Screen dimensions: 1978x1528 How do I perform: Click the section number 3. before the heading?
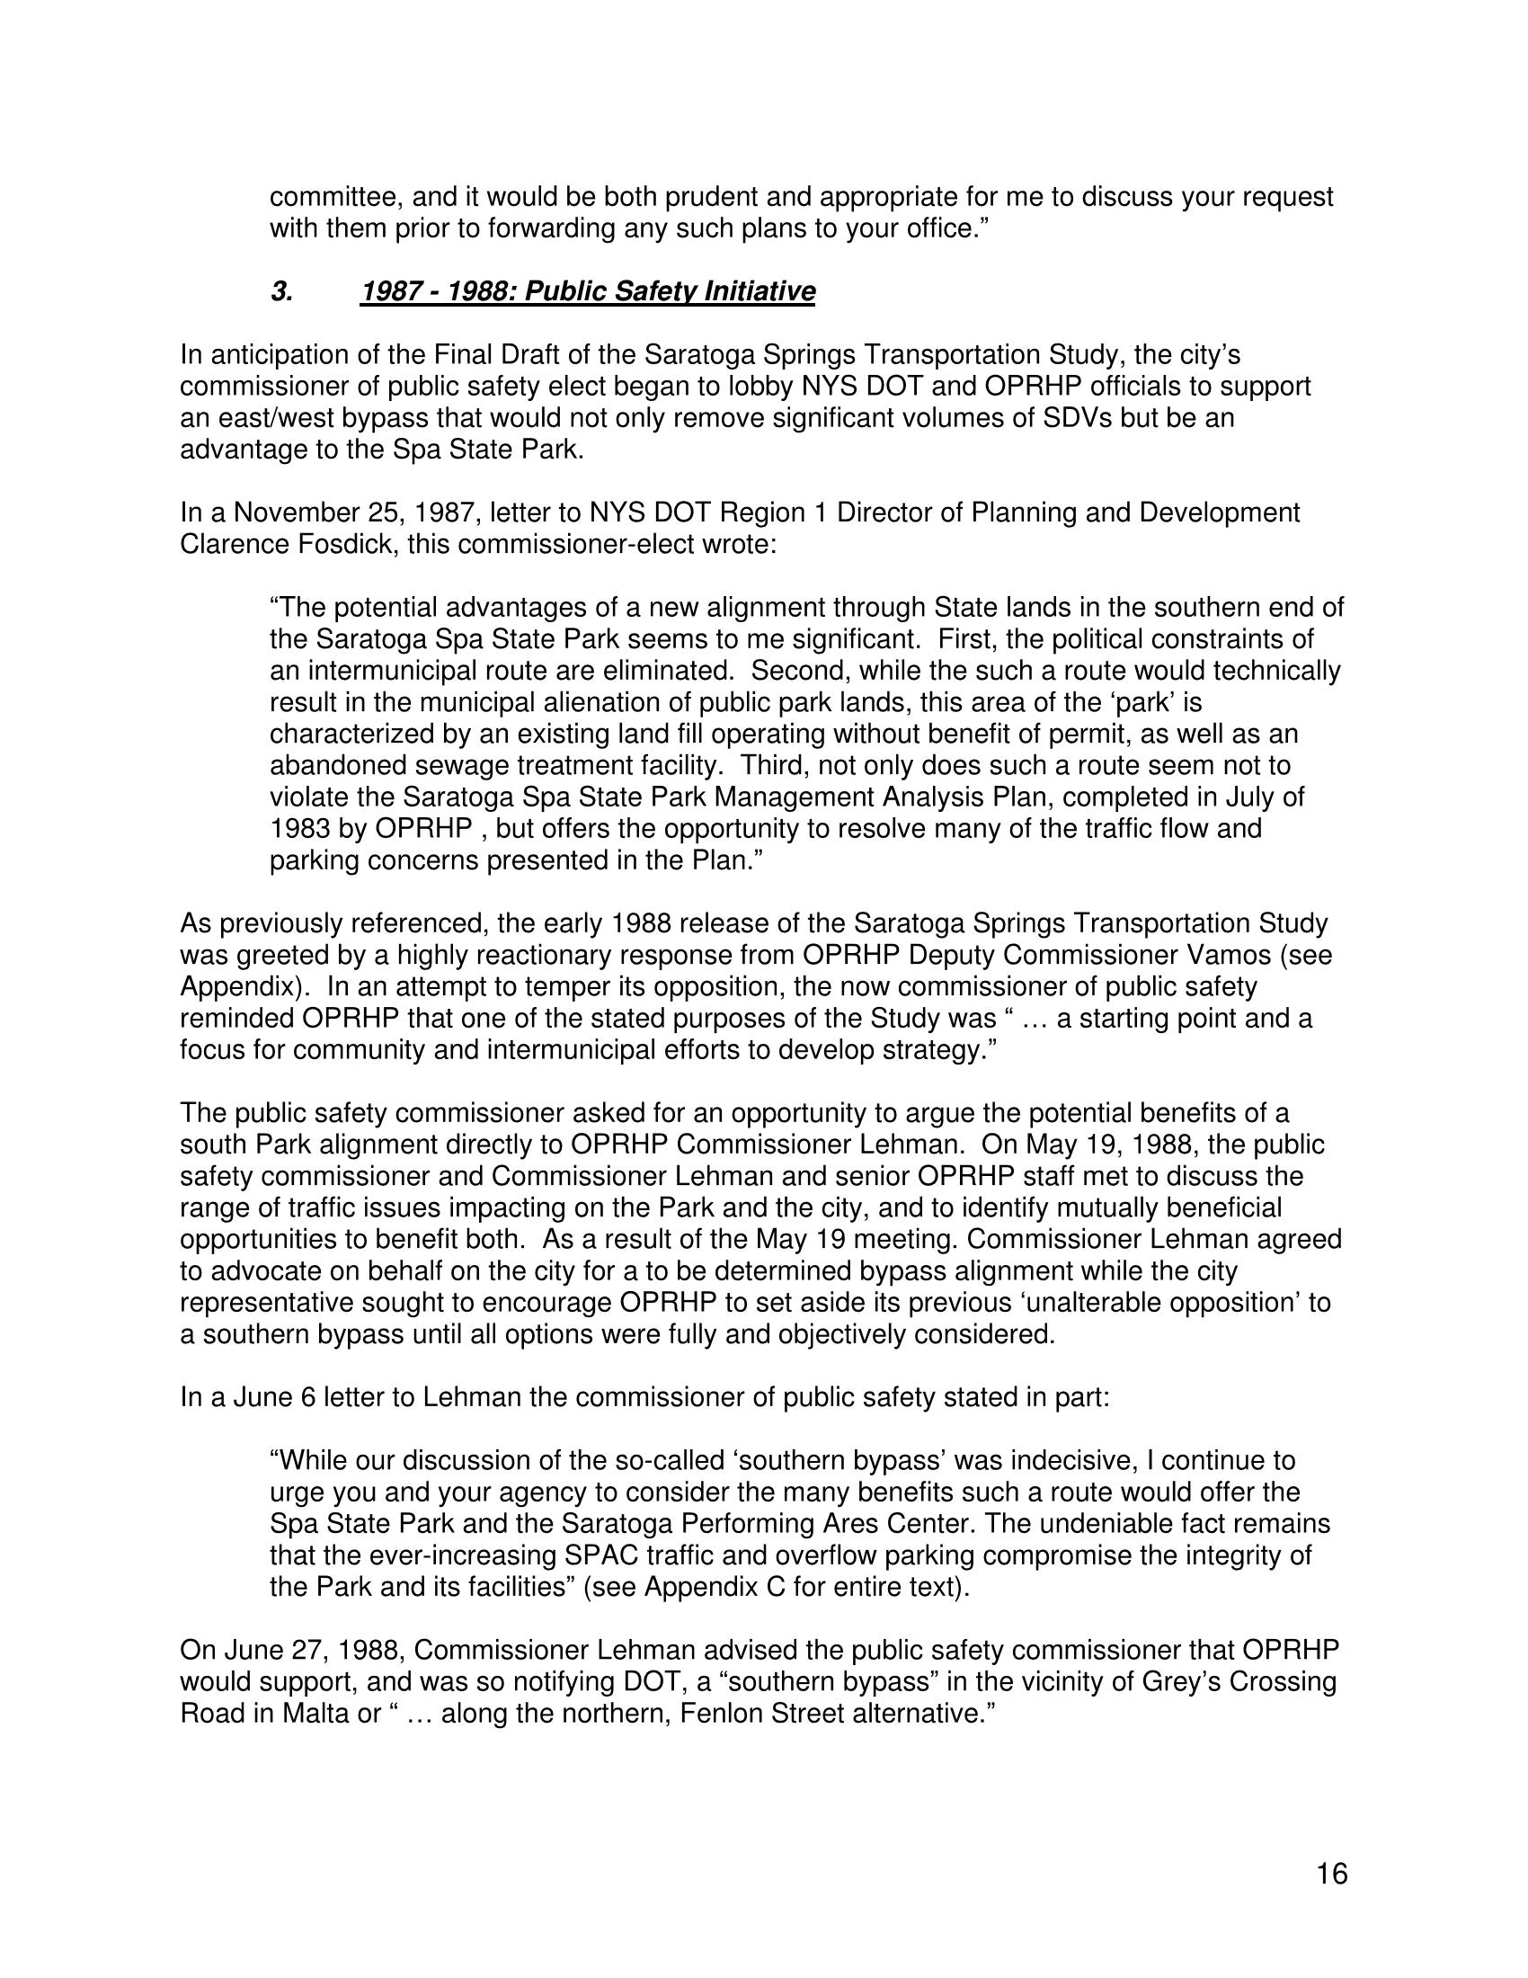click(281, 291)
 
